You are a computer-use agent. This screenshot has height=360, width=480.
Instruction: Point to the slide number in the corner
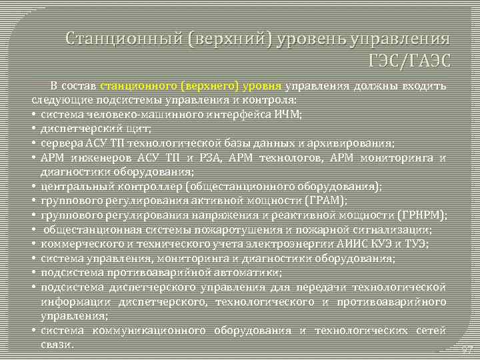point(466,349)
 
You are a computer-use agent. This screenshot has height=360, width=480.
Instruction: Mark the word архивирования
point(357,143)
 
